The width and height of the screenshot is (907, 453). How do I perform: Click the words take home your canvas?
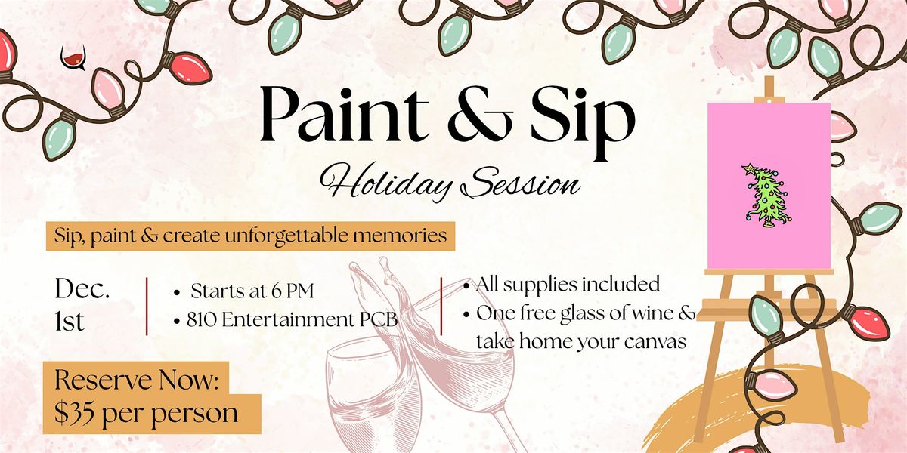(x=580, y=341)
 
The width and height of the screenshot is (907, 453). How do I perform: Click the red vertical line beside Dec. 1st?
(x=146, y=306)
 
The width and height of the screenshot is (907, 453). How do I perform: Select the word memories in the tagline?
(x=410, y=236)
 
